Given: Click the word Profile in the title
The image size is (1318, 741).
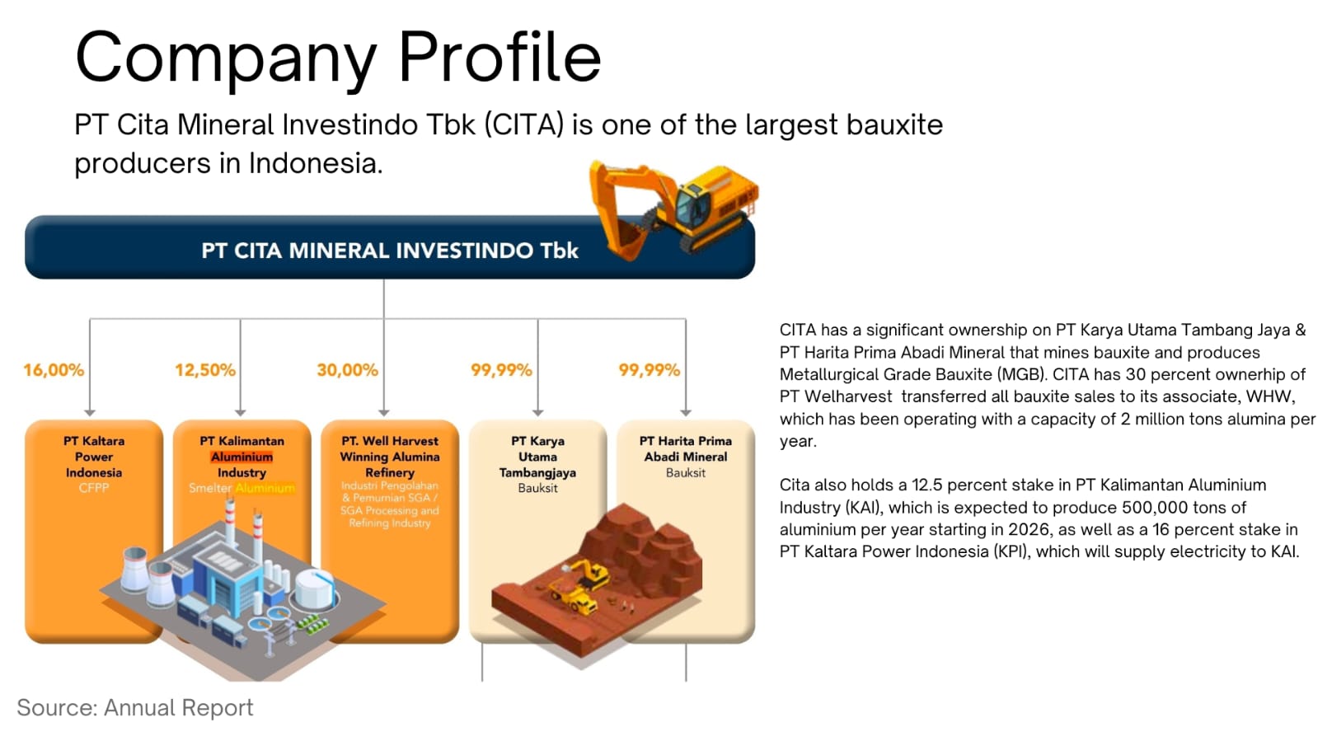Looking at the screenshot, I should pos(500,58).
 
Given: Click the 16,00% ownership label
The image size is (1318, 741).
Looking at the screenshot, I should pos(54,370).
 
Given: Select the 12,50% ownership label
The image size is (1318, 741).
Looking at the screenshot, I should pos(204,370).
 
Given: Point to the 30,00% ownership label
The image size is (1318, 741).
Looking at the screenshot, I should pos(347,370).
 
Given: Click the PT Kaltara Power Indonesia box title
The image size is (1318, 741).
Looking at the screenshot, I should pos(94,457).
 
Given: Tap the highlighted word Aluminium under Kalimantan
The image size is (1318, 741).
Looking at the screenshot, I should pos(242,457).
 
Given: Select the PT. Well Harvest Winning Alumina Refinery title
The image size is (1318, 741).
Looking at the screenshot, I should pos(390,457).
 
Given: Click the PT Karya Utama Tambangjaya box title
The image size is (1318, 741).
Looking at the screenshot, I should pos(537,457).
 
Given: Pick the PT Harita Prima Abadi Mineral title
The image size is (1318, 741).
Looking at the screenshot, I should pos(685,448).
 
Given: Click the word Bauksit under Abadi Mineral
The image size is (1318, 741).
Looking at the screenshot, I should pos(685,472).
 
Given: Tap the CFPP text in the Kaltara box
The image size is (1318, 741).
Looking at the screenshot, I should pos(94,488).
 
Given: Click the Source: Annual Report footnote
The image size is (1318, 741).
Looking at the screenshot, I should pos(135,707).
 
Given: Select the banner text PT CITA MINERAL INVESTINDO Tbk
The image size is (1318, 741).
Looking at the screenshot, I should pos(389,251).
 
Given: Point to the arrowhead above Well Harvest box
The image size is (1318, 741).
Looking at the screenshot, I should pos(384,412).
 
